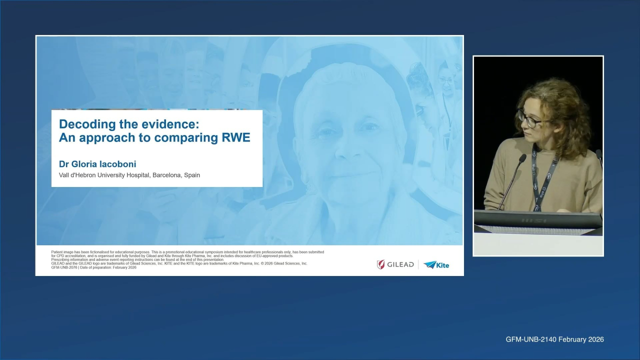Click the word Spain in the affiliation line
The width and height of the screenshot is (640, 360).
click(191, 175)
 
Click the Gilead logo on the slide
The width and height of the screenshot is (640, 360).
click(395, 264)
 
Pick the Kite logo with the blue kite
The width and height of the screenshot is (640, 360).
click(436, 265)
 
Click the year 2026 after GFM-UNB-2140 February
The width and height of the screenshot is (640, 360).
click(594, 339)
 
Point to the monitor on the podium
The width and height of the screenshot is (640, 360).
click(537, 220)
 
